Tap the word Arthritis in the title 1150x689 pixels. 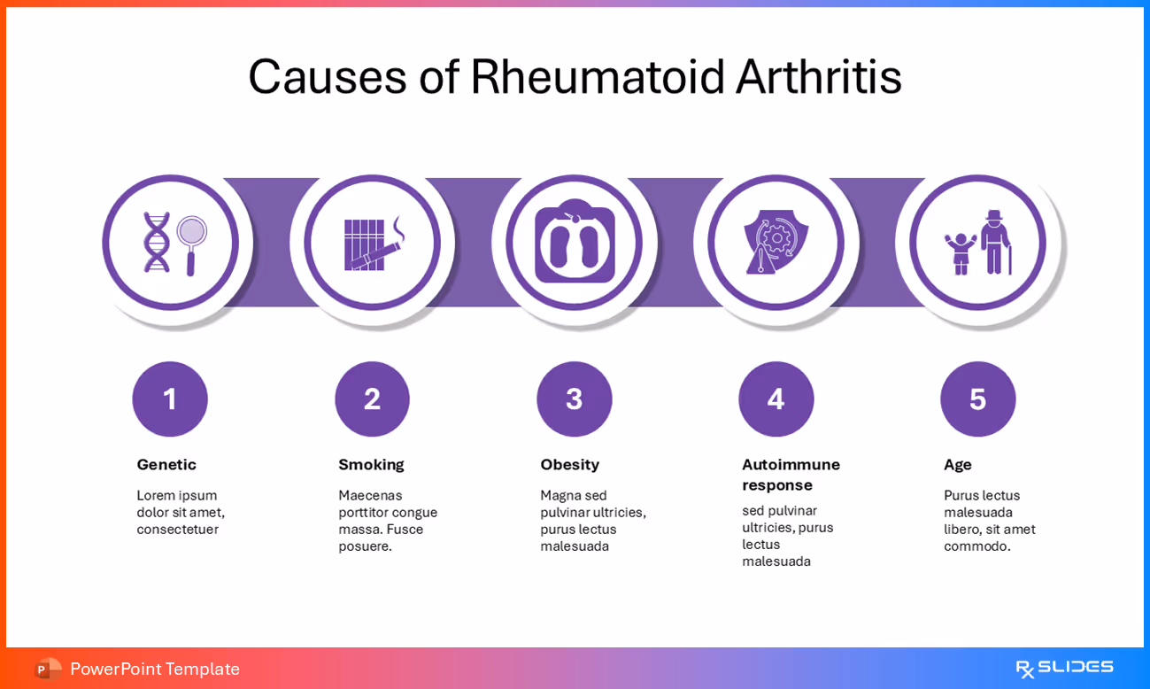click(x=819, y=77)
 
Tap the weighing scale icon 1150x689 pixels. click(x=575, y=243)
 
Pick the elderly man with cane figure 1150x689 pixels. click(x=996, y=243)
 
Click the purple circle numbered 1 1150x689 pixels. click(x=170, y=399)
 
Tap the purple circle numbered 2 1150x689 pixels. click(x=372, y=399)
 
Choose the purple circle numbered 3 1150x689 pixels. click(x=575, y=399)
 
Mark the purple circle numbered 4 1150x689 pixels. click(x=776, y=399)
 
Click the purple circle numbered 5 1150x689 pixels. click(x=977, y=399)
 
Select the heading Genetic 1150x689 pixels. click(x=166, y=465)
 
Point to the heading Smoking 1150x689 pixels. click(x=371, y=465)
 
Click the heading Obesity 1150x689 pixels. click(x=569, y=465)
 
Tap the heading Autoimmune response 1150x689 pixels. click(x=791, y=475)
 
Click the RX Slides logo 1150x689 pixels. click(x=1063, y=668)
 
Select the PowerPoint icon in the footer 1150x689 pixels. click(x=48, y=670)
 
